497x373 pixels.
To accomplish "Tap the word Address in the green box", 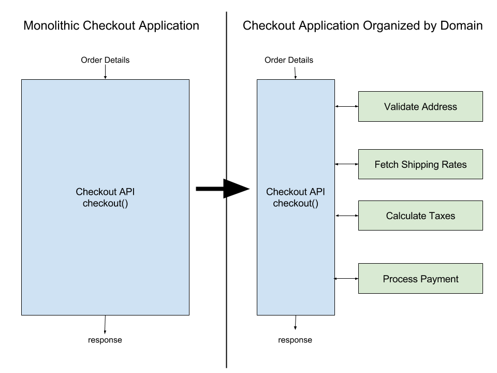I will click(439, 107).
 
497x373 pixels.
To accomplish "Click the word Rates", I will click(454, 165).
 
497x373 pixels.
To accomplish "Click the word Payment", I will click(439, 279).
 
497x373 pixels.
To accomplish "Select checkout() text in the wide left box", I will click(105, 204).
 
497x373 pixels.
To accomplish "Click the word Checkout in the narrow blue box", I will click(287, 192).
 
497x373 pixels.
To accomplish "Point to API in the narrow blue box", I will click(317, 192).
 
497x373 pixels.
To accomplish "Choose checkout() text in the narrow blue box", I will click(296, 204).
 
